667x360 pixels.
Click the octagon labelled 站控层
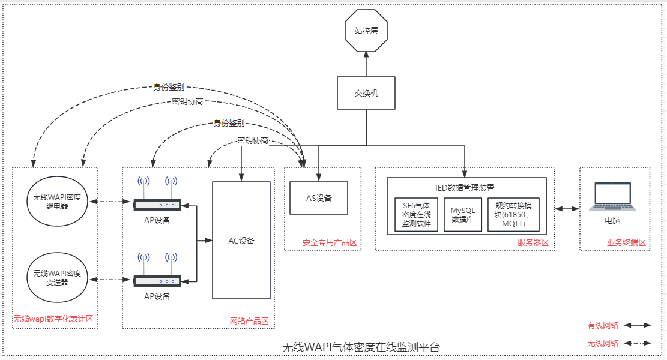point(366,31)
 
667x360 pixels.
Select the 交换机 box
point(366,93)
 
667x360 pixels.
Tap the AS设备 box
point(319,197)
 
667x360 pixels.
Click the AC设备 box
point(241,240)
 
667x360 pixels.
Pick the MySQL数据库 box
point(463,215)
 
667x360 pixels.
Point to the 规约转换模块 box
point(513,215)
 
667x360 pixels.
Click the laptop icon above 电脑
point(612,196)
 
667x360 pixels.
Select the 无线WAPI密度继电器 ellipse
point(57,201)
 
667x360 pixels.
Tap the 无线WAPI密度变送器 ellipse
point(57,277)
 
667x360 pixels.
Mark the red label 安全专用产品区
point(330,243)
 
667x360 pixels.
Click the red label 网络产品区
point(249,322)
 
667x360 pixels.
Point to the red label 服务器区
point(533,243)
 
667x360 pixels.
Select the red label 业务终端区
point(626,243)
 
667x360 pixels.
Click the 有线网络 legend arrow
point(638,325)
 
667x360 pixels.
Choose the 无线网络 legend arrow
point(638,344)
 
